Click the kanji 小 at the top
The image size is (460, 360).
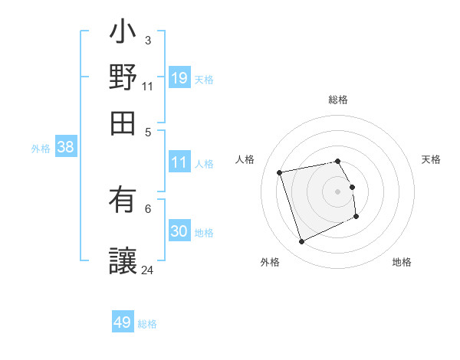[123, 34]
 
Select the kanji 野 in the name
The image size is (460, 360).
[123, 77]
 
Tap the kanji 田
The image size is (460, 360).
[123, 119]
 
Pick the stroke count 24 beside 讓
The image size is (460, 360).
[148, 270]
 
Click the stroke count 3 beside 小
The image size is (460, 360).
[148, 40]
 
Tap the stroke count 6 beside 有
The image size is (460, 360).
[148, 208]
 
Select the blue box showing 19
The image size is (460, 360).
[179, 77]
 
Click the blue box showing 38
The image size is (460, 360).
[65, 148]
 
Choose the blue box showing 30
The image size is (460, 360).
[179, 231]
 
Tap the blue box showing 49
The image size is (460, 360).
[123, 322]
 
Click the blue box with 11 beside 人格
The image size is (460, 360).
[179, 162]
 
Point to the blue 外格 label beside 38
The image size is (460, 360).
[41, 149]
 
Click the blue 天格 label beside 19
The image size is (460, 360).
[204, 79]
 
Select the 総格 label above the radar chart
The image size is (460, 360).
[338, 100]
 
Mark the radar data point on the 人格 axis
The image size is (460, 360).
[281, 172]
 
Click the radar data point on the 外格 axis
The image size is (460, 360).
[301, 242]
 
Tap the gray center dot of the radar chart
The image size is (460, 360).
[338, 191]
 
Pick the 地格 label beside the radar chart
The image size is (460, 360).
[402, 263]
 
